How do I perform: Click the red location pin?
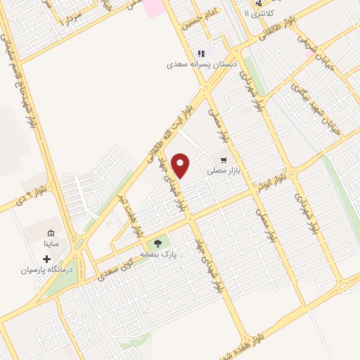pyautogui.click(x=181, y=165)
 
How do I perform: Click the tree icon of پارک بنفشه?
pyautogui.click(x=158, y=243)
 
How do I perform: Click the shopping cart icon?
pyautogui.click(x=224, y=160)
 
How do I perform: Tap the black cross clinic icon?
pyautogui.click(x=47, y=259)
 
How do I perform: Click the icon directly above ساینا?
pyautogui.click(x=51, y=233)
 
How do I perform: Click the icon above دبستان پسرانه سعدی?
pyautogui.click(x=201, y=53)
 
